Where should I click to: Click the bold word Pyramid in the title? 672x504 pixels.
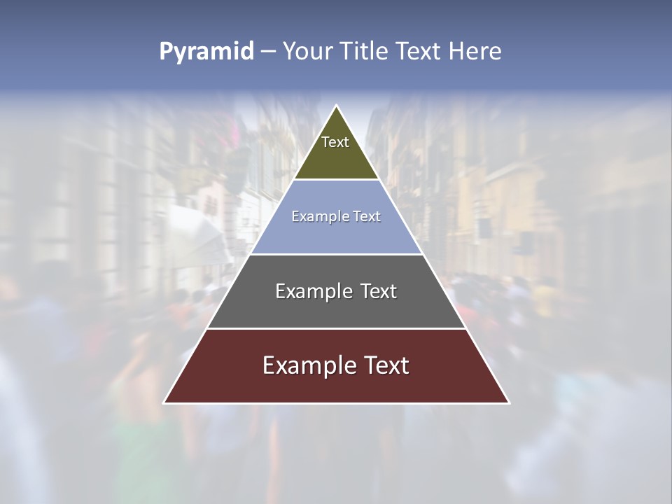click(x=206, y=52)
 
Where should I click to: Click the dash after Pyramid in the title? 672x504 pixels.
click(x=267, y=52)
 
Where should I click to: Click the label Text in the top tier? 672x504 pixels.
click(x=335, y=143)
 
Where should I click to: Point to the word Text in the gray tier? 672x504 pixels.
click(x=378, y=291)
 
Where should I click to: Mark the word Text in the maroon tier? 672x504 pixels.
click(x=386, y=365)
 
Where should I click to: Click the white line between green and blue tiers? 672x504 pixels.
click(x=336, y=180)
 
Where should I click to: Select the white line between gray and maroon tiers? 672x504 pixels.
click(x=336, y=328)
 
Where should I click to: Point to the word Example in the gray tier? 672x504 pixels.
click(x=314, y=291)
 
